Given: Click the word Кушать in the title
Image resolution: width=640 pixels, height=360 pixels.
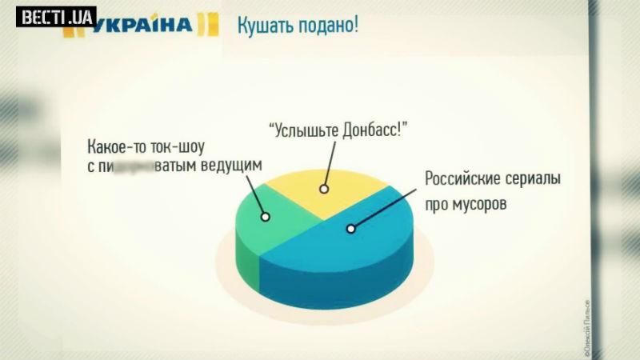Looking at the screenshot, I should pyautogui.click(x=263, y=23).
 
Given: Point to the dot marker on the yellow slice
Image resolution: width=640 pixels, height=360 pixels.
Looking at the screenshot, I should pyautogui.click(x=324, y=190).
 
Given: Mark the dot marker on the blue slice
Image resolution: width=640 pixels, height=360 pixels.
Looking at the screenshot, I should pyautogui.click(x=350, y=229).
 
